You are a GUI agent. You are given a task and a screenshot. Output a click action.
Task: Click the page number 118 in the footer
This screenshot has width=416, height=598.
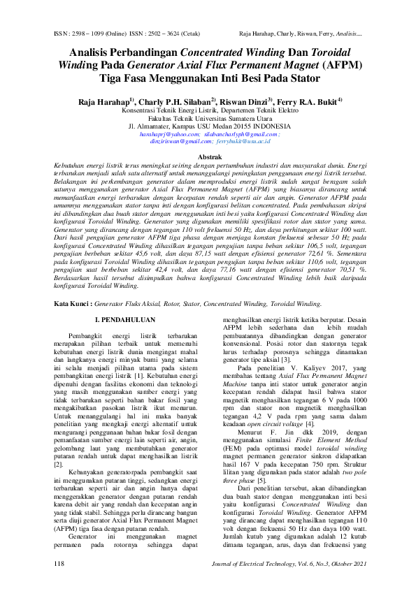tap(59, 583)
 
